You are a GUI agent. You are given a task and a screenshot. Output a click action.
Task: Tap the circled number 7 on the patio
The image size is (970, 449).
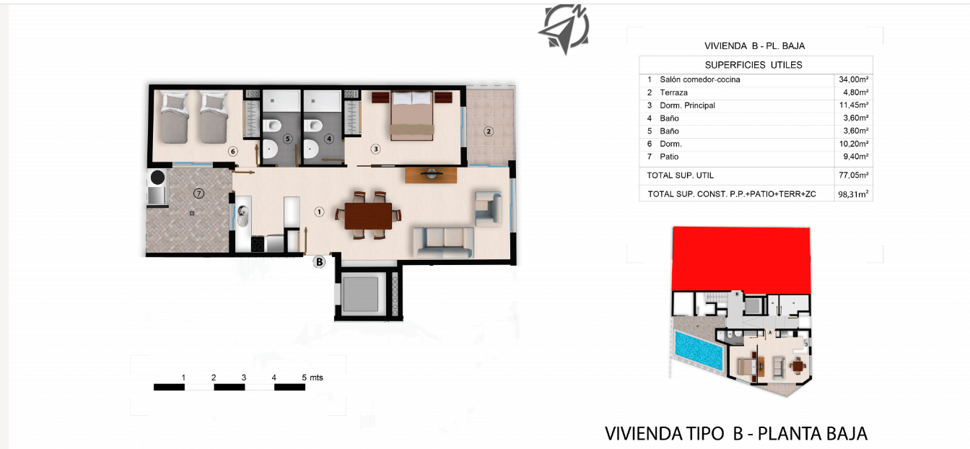(x=198, y=193)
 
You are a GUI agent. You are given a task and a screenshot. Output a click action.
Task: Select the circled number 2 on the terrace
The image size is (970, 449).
(x=489, y=131)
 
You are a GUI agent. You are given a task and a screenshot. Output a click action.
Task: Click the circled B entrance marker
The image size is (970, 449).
(x=319, y=262)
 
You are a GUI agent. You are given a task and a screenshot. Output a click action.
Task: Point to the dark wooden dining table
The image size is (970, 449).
(x=368, y=216)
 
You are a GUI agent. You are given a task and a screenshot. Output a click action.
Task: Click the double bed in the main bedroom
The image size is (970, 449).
(x=412, y=115)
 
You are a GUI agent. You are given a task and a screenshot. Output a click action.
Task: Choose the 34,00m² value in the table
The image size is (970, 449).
(x=854, y=79)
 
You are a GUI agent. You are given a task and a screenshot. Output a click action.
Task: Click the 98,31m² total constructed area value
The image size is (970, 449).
(x=853, y=194)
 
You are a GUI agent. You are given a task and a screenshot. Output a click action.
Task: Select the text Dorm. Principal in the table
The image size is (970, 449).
(x=687, y=105)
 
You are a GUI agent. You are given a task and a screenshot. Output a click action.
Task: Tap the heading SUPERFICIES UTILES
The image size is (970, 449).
(x=753, y=65)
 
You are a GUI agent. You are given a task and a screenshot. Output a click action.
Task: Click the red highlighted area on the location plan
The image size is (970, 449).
(x=741, y=258)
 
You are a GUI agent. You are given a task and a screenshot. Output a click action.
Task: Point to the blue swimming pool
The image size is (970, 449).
(x=699, y=350)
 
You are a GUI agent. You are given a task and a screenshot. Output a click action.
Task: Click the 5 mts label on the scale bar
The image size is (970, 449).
(x=313, y=378)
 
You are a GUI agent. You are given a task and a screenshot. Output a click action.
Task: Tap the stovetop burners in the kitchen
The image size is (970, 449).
(x=258, y=244)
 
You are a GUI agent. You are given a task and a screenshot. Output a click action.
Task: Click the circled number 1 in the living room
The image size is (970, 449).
(x=319, y=212)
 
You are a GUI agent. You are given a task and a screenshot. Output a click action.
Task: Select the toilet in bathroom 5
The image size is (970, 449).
(x=272, y=126)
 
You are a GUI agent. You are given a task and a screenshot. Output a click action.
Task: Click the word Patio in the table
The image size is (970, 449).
(x=669, y=157)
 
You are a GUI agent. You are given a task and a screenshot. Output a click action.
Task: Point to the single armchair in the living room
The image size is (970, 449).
(x=488, y=209)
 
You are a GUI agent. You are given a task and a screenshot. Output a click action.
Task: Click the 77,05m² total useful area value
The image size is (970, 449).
(x=854, y=175)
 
